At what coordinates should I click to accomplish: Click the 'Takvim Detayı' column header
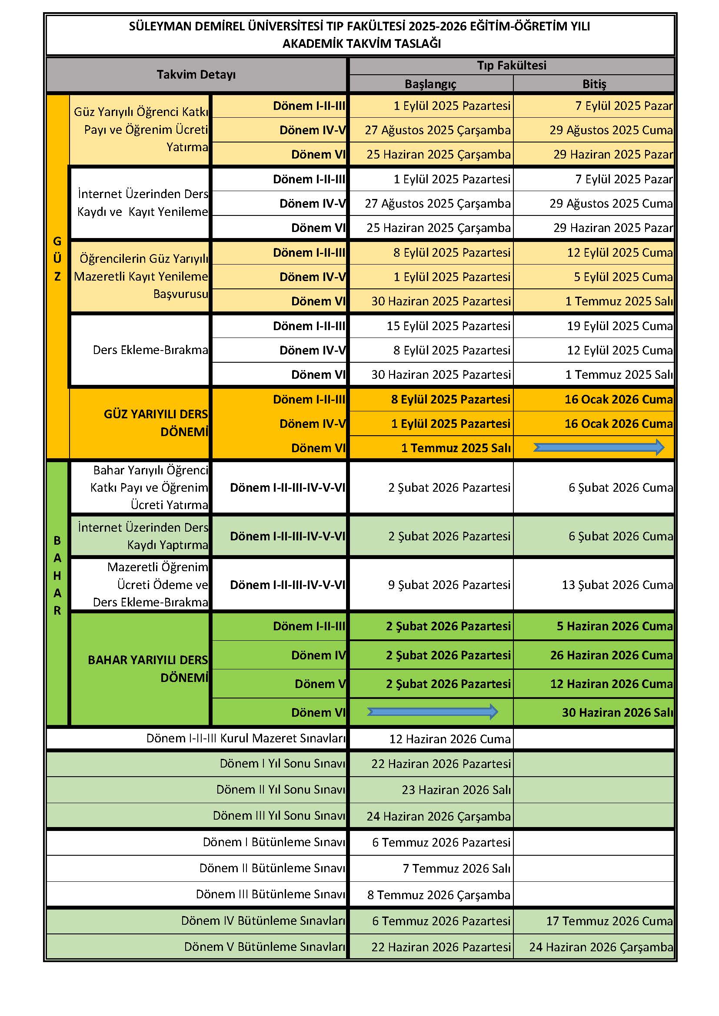196,74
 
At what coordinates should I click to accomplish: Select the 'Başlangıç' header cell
430,84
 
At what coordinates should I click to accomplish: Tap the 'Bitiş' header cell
594,84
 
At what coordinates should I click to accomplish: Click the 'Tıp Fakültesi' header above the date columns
511,66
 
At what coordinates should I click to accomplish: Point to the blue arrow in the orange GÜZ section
599,447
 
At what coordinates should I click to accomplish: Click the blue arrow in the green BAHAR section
432,712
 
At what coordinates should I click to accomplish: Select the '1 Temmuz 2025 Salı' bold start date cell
456,448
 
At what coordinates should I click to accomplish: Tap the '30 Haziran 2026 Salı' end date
617,712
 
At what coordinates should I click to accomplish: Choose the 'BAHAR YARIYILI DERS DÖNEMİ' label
148,668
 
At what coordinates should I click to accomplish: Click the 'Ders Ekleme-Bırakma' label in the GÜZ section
150,350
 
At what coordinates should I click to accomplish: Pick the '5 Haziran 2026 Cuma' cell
615,626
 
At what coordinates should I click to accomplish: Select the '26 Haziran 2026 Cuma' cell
612,655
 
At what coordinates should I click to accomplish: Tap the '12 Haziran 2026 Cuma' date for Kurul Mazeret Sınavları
449,739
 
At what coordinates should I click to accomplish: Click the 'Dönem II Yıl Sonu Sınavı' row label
280,789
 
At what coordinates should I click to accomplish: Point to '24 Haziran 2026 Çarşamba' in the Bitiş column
601,947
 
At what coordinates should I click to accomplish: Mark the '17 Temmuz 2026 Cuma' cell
609,921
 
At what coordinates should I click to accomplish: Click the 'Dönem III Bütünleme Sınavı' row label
270,894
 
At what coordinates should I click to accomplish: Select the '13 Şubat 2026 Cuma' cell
617,585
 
